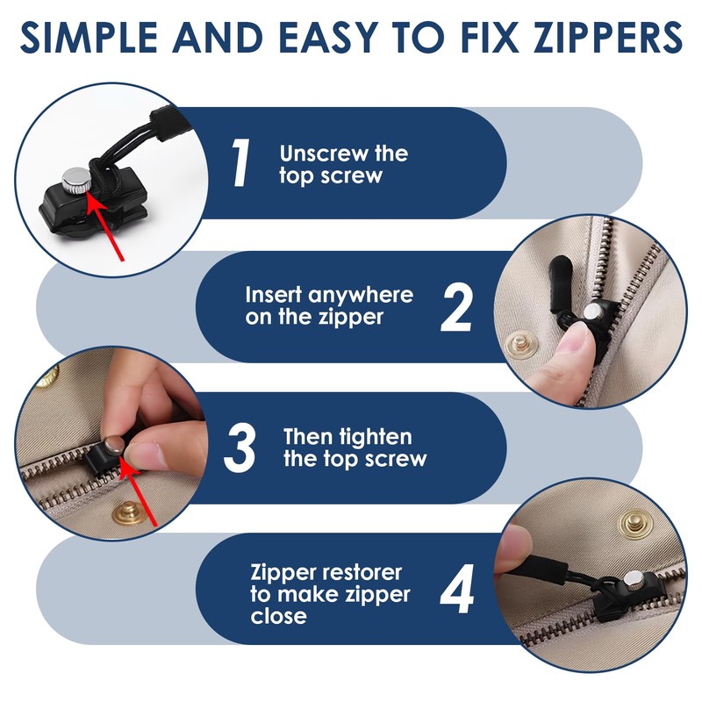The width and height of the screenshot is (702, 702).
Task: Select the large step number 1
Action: click(x=240, y=162)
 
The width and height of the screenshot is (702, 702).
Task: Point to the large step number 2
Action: click(x=456, y=308)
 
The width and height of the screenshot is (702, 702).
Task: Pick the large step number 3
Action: click(x=240, y=448)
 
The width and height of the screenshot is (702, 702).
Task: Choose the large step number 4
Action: click(x=456, y=589)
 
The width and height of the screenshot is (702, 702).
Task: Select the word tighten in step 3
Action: click(x=376, y=437)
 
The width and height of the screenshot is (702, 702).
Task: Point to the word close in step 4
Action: click(x=278, y=616)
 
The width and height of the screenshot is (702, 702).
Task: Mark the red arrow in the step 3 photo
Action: click(x=139, y=493)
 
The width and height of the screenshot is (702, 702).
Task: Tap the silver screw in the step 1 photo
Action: click(x=77, y=180)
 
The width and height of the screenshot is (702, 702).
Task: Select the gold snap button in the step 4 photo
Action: click(x=635, y=522)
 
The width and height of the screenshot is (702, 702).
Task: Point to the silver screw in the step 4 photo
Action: click(x=634, y=581)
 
